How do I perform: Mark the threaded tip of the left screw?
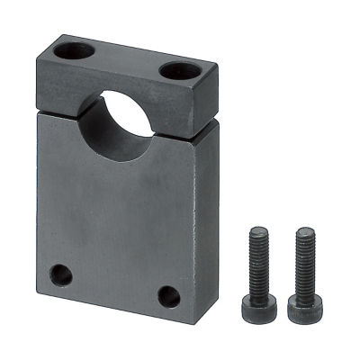click(x=256, y=233)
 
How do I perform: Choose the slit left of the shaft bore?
click(x=58, y=105)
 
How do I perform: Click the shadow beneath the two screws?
click(x=281, y=326)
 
